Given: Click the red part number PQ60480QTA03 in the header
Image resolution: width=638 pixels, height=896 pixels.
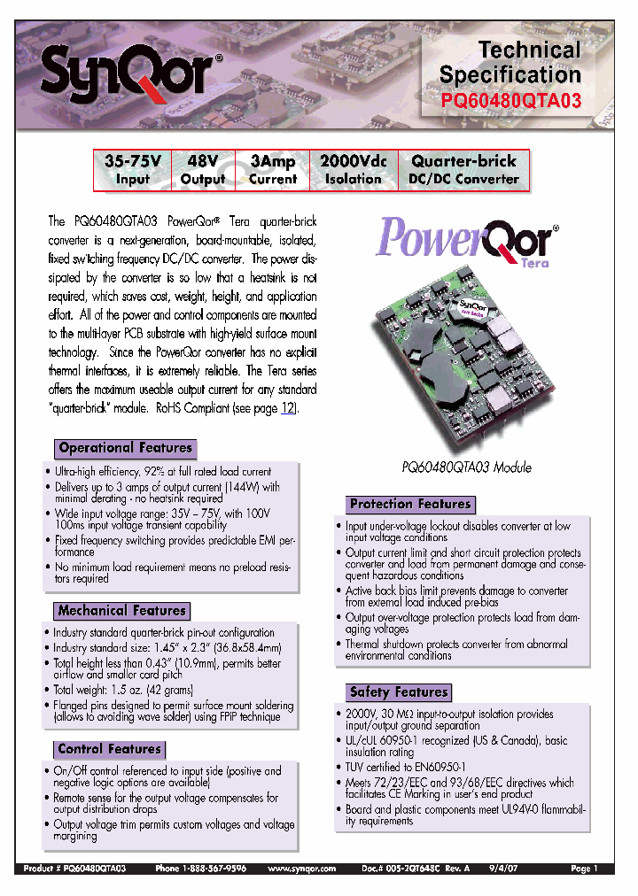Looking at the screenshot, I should point(511,101).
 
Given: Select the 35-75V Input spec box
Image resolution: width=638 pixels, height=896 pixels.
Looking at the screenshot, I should point(132,170).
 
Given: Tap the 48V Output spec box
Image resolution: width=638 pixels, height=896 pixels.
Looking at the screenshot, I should point(203,170).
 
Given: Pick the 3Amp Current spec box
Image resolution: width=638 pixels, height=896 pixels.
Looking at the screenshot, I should point(272,170).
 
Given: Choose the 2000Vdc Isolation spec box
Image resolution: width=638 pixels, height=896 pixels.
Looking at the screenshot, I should point(353,170).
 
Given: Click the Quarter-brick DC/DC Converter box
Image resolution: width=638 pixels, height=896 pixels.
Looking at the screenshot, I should point(463,170).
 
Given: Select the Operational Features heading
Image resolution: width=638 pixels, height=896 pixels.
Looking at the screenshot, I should point(125,448).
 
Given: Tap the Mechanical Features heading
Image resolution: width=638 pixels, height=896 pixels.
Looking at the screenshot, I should point(121,610).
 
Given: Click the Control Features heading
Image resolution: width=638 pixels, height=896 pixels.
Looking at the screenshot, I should point(109,749).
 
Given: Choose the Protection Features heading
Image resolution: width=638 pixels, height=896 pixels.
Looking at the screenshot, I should point(410,504).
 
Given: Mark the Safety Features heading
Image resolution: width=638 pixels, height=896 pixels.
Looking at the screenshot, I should point(399,691).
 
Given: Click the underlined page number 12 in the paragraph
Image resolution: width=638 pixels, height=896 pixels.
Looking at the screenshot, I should point(287,408).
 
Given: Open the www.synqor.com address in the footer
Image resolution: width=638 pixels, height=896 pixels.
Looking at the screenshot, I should point(301,869).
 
